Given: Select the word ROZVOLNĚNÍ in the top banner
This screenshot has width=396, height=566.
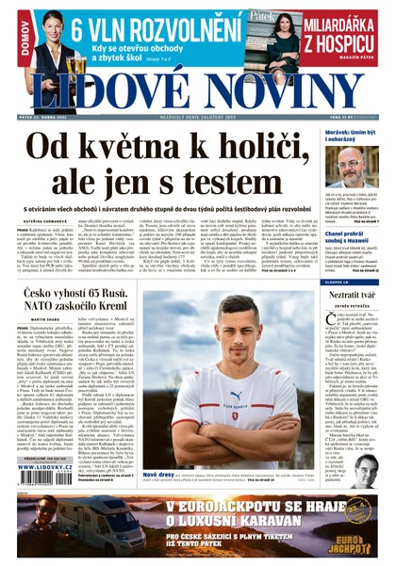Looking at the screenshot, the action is click(194, 26).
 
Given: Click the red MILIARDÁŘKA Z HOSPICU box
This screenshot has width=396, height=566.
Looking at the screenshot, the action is click(350, 31).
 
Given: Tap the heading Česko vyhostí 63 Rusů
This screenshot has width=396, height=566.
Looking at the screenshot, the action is click(76, 270).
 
